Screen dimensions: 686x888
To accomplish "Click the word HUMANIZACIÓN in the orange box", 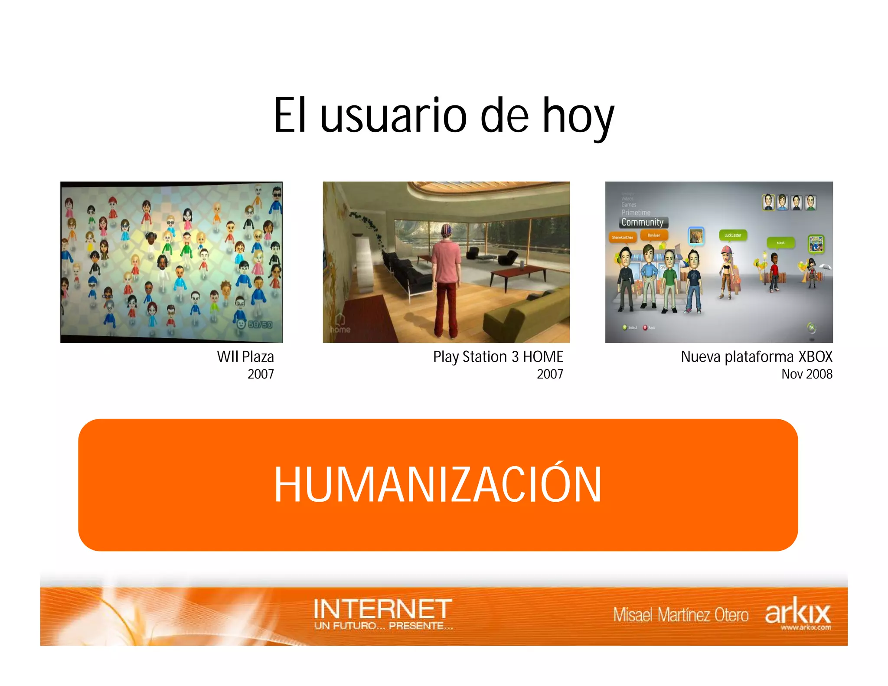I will [438, 484].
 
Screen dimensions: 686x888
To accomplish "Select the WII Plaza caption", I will [245, 357].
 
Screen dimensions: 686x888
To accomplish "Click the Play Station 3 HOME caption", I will [498, 357].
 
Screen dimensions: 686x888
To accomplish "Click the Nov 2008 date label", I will [806, 374].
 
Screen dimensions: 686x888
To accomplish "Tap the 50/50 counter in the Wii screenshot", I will [260, 325].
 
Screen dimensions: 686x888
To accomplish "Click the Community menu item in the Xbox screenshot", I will [643, 222].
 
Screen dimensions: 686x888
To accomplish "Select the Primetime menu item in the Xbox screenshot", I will [636, 212].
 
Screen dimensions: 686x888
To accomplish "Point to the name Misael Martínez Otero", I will [681, 615].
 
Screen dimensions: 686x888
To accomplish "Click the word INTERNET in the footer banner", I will [382, 609].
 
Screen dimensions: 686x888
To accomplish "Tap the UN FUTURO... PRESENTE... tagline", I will [384, 626].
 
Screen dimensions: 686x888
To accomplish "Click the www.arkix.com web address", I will [806, 627].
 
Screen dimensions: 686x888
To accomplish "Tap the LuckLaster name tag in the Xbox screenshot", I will [733, 235].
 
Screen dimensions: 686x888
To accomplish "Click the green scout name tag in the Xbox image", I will [780, 243].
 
